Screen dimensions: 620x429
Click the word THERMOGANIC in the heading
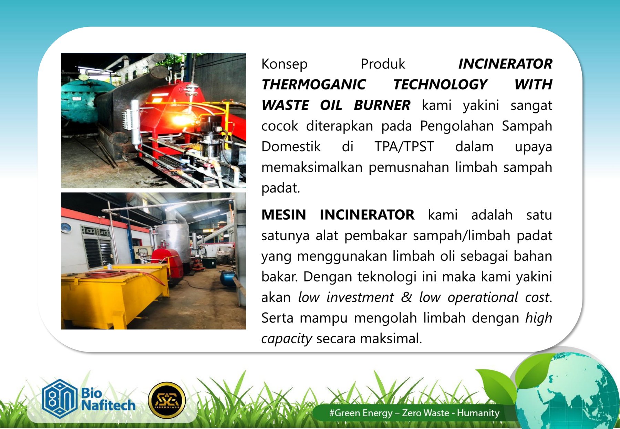pyautogui.click(x=313, y=85)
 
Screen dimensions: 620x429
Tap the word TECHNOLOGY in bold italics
pyautogui.click(x=440, y=85)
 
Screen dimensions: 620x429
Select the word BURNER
pyautogui.click(x=382, y=105)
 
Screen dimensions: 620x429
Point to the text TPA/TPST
pyautogui.click(x=404, y=147)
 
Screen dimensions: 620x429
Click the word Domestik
pyautogui.click(x=291, y=147)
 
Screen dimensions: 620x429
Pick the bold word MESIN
pyautogui.click(x=283, y=215)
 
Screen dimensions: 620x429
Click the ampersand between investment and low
pyautogui.click(x=406, y=297)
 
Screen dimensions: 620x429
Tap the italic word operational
pyautogui.click(x=483, y=297)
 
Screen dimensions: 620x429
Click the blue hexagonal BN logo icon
pyautogui.click(x=59, y=399)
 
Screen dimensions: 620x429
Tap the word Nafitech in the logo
pyautogui.click(x=108, y=406)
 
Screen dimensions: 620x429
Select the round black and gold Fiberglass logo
pyautogui.click(x=167, y=400)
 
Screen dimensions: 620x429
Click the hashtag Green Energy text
pyautogui.click(x=361, y=413)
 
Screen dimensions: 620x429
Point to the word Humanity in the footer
pyautogui.click(x=478, y=413)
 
